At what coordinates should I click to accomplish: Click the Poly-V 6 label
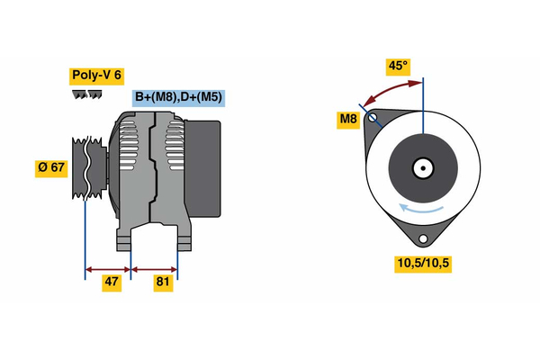coord(95,76)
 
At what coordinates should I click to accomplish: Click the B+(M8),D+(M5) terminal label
coord(178,97)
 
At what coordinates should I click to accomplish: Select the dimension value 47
coord(111,282)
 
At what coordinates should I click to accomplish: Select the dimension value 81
coord(164,282)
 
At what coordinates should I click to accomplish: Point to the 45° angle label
coord(398,66)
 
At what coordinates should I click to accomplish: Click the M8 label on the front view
coord(348,119)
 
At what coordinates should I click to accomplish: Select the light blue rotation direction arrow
coord(423,210)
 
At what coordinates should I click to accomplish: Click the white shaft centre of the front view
coord(422,167)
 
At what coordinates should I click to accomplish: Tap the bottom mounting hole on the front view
coord(423,238)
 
